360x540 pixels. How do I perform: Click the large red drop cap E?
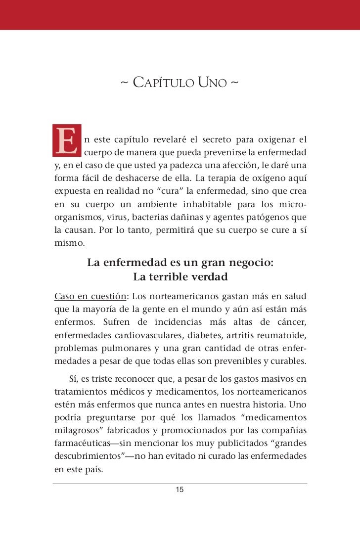[x=66, y=139]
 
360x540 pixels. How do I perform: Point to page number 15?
[x=180, y=490]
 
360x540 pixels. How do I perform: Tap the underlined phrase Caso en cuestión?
[x=90, y=297]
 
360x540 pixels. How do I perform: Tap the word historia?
[x=277, y=405]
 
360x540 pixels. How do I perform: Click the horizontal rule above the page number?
[x=180, y=483]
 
